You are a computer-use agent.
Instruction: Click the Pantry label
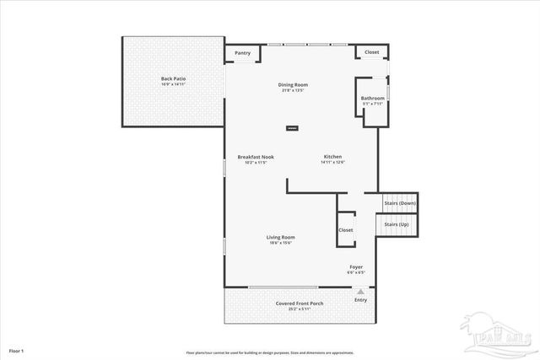point(242,52)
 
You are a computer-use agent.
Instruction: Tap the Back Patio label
point(173,79)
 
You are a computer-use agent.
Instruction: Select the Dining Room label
point(294,84)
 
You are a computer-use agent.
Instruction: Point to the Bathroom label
point(373,99)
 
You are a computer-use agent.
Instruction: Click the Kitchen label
point(332,157)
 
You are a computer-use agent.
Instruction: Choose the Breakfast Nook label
point(256,157)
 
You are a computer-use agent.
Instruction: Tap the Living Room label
point(280,237)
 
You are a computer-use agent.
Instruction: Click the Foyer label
point(356,267)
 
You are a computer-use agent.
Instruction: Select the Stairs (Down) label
point(400,203)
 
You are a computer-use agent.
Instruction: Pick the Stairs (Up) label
point(397,224)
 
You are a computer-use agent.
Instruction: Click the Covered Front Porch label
point(300,304)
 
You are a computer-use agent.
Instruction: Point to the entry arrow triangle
point(360,292)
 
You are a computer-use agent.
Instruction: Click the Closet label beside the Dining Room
point(372,52)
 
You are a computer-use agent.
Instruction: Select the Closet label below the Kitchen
point(346,230)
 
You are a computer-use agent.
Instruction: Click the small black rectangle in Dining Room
point(292,128)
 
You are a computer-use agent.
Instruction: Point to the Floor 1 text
point(17,350)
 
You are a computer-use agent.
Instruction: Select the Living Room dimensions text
point(280,243)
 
